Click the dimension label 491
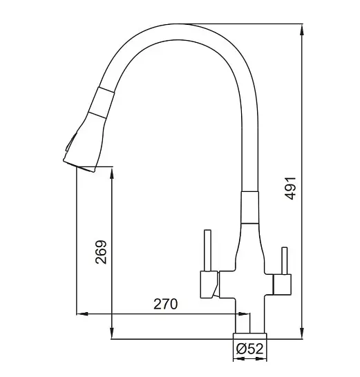[290, 188]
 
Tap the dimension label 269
[101, 252]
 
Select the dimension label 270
[166, 304]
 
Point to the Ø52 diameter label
[250, 349]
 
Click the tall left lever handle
[208, 251]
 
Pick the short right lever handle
[285, 261]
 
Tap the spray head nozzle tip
[79, 166]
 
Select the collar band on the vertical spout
[249, 207]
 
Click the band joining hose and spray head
[101, 102]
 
